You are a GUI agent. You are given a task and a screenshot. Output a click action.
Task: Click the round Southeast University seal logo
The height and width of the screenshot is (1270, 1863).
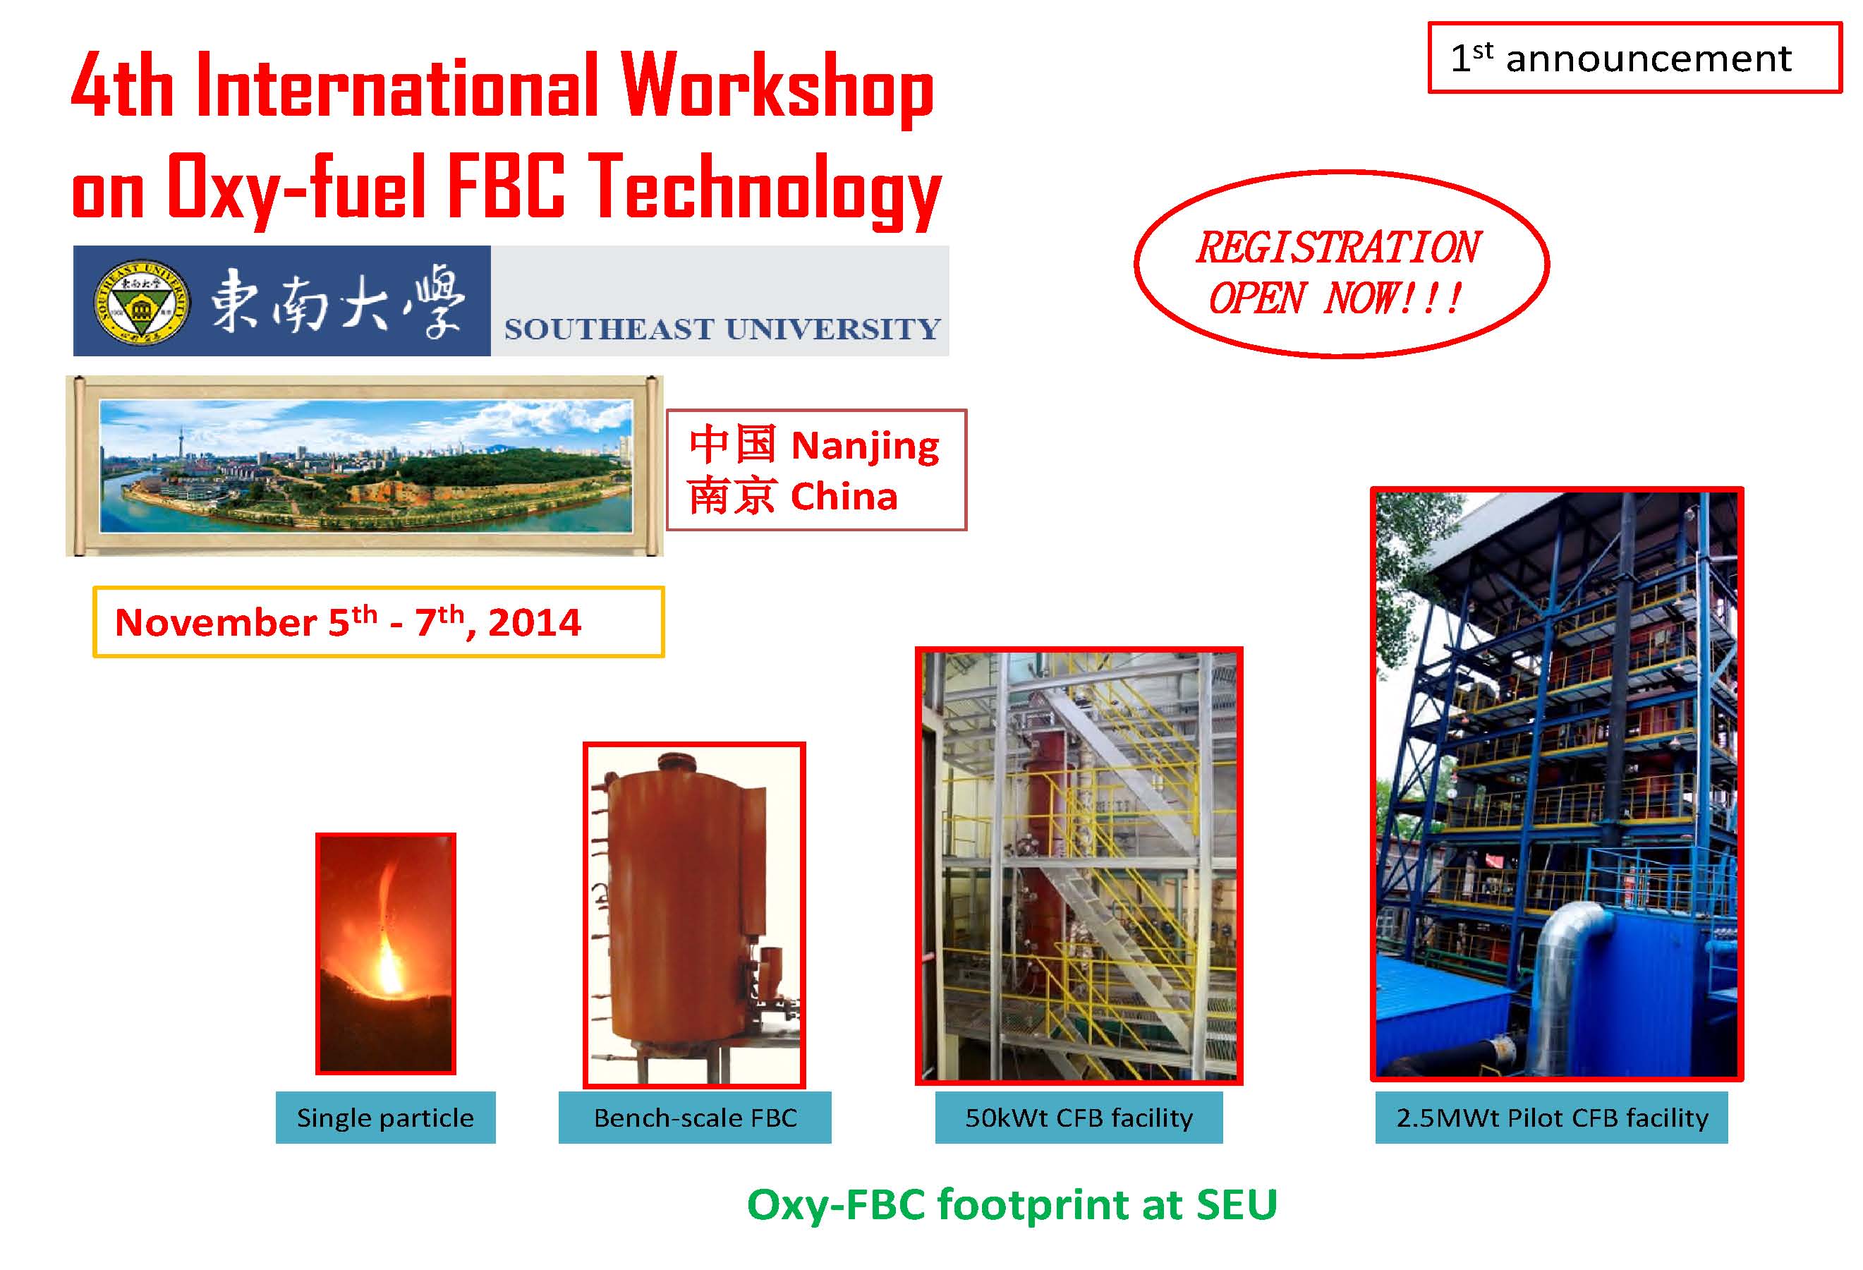142,302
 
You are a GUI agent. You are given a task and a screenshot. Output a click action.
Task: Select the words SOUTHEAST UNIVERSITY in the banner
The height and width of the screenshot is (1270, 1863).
722,329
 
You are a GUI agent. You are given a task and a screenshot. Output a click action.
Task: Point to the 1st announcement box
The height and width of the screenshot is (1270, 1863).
1635,58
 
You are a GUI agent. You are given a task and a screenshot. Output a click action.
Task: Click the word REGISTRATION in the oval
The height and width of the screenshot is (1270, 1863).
1338,247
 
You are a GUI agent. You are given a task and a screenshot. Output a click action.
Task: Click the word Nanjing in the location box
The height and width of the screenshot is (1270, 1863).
865,447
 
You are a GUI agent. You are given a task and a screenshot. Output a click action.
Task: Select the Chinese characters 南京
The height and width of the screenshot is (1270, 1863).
731,495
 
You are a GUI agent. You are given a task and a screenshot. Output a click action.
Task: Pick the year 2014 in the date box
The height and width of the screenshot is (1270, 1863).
534,623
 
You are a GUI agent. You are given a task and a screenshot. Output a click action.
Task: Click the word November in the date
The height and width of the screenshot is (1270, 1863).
216,623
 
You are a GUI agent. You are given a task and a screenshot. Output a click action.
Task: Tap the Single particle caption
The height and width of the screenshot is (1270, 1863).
386,1118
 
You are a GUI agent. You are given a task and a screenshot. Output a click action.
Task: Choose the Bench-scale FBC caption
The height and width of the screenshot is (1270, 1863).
695,1118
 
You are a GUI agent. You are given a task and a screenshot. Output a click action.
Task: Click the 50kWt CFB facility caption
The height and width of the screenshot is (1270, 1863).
1079,1118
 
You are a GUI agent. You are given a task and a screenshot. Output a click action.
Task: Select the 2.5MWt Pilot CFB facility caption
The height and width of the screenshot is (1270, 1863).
1552,1118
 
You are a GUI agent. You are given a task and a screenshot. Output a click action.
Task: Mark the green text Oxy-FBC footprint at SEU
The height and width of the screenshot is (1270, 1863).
1012,1205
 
